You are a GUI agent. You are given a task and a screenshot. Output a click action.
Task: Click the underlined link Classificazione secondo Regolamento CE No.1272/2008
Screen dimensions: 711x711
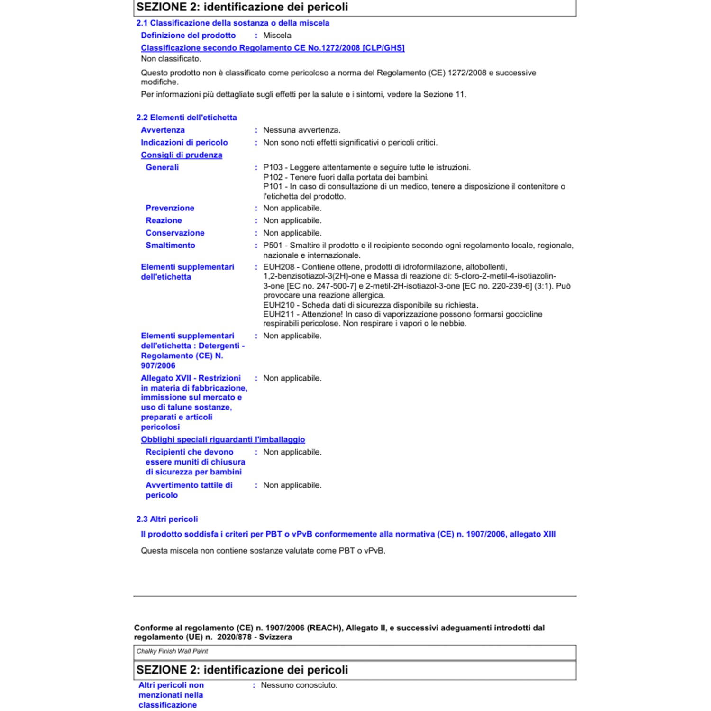click(x=273, y=48)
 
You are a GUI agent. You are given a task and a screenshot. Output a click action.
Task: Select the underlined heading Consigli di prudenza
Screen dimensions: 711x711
click(x=182, y=155)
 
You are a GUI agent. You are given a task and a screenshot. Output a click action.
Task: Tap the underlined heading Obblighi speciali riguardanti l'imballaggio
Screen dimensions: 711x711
click(x=223, y=439)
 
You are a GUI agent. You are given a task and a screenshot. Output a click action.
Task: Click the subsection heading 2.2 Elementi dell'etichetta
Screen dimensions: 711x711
click(x=186, y=118)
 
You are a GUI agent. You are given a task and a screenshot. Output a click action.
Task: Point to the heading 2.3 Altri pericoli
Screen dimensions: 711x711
click(x=167, y=519)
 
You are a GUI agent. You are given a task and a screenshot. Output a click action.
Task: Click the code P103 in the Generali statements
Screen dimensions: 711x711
click(x=273, y=167)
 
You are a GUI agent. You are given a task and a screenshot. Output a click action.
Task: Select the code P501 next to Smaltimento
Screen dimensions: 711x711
click(x=273, y=246)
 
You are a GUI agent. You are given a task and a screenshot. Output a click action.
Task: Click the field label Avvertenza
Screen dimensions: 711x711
click(x=163, y=130)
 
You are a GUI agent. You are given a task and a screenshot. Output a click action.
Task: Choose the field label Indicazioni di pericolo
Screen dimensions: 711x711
click(x=184, y=143)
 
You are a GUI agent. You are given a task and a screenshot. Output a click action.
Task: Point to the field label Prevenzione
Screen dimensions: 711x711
click(x=170, y=208)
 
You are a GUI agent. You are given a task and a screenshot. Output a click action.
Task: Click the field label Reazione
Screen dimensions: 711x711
click(x=164, y=220)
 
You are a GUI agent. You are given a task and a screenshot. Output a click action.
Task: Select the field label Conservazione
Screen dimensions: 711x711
click(x=175, y=233)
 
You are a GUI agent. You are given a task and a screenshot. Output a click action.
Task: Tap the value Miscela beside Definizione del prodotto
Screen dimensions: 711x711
click(x=277, y=36)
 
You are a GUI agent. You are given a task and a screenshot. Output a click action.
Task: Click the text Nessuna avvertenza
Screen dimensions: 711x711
click(x=301, y=130)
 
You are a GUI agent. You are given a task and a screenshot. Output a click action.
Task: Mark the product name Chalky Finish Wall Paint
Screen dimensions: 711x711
click(x=172, y=651)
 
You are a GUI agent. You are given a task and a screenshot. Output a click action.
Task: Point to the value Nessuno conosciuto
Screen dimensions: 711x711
click(x=299, y=685)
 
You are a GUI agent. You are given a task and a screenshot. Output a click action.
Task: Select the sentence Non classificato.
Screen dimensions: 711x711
click(x=171, y=59)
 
